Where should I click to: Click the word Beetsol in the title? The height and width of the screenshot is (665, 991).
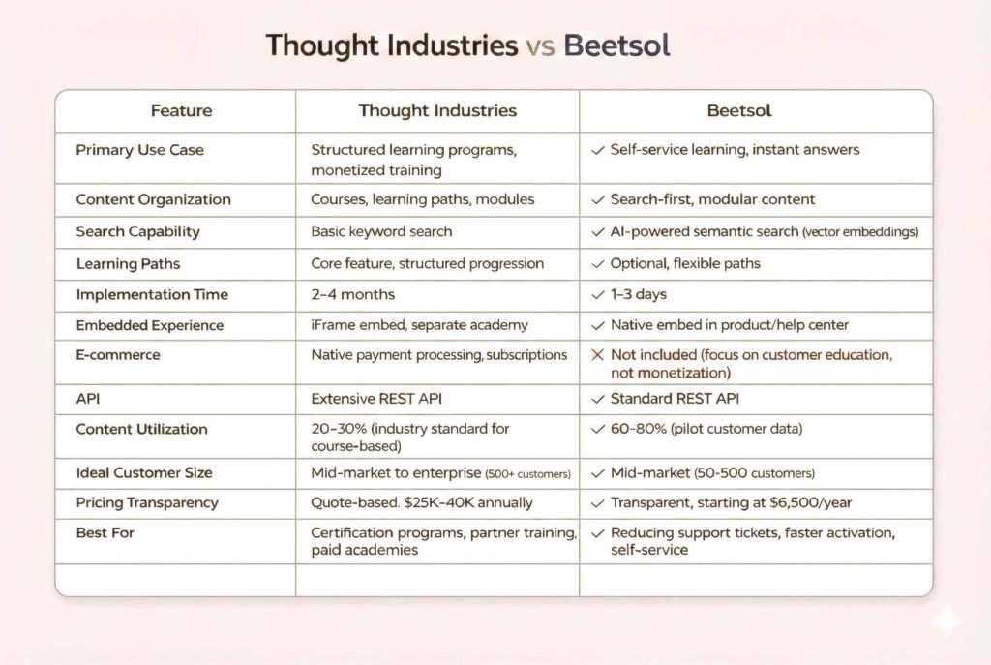point(616,45)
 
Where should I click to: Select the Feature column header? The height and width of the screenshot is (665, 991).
point(181,110)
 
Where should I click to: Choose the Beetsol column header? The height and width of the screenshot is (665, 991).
point(739,110)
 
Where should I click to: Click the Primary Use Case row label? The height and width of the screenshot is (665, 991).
point(139,150)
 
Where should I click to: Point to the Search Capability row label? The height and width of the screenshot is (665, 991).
point(137,231)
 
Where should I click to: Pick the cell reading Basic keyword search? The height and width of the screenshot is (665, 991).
point(381,231)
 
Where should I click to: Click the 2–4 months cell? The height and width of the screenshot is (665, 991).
point(353,294)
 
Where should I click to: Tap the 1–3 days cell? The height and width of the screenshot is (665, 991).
point(638,294)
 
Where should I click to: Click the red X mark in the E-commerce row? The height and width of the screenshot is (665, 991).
point(597,355)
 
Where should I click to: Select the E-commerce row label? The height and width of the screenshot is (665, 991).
point(118,355)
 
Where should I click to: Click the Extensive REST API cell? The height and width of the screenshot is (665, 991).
point(376,398)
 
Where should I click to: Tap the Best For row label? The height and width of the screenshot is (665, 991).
point(105,532)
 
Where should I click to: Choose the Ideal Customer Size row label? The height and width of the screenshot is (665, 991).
point(143,472)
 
